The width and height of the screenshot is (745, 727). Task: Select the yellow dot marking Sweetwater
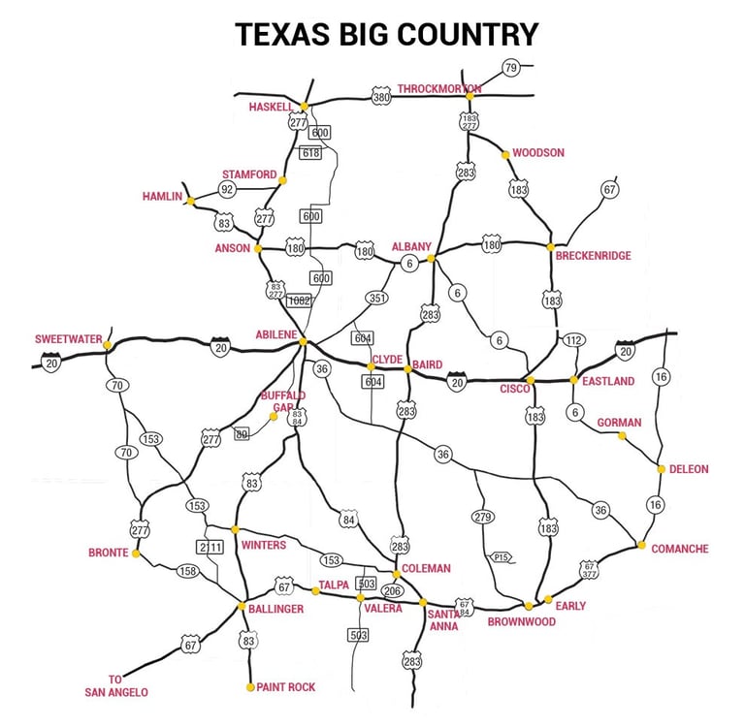coord(108,345)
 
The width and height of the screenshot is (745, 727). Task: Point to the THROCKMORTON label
coord(438,89)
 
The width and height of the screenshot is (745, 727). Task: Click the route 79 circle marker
coord(510,68)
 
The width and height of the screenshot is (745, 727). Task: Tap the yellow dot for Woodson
coord(505,154)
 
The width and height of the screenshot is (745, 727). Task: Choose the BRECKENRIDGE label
coord(593,256)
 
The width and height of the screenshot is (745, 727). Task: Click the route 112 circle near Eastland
coord(573,340)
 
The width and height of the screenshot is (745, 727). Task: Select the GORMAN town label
coord(619,423)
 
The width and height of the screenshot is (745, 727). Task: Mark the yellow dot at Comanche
coord(641,545)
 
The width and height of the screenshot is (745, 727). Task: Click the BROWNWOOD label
coord(521,621)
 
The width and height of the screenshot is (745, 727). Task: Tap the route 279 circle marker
coord(483,517)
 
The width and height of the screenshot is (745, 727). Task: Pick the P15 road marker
coord(501,557)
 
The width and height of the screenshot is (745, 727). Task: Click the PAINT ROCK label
coord(286,687)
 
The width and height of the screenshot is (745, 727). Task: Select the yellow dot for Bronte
coord(136,553)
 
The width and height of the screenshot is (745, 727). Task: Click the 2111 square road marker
coord(211,547)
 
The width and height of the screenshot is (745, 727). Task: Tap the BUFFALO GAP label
coord(282,401)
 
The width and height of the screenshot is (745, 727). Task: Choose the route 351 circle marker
coord(377,300)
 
